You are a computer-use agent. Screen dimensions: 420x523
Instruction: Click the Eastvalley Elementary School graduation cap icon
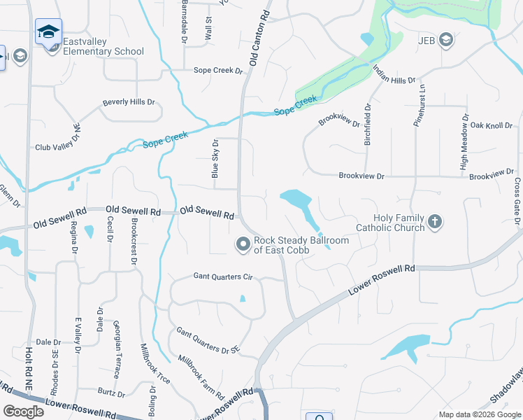click(49, 31)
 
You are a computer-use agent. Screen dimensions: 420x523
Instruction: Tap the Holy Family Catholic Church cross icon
click(434, 223)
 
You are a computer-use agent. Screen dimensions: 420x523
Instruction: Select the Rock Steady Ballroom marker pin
click(243, 244)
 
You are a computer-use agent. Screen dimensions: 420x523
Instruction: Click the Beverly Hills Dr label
click(129, 102)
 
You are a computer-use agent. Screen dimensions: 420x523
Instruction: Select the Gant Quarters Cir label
click(222, 277)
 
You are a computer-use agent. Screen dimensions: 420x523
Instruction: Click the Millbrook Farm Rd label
click(201, 375)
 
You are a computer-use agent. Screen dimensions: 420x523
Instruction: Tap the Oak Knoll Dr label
click(492, 125)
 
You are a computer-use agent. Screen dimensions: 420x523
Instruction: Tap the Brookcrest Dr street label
click(134, 241)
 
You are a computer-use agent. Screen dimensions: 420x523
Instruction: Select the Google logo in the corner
click(23, 412)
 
